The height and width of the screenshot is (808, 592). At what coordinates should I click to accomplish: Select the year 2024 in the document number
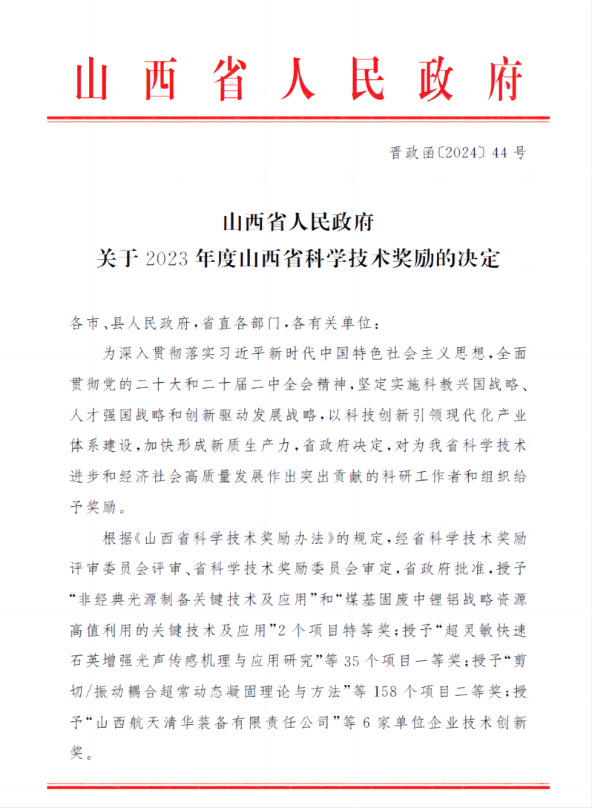coord(455,154)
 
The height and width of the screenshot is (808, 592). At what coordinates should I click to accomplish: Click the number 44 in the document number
coord(499,154)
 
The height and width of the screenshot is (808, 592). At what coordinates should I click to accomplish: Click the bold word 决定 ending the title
coord(480,259)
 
